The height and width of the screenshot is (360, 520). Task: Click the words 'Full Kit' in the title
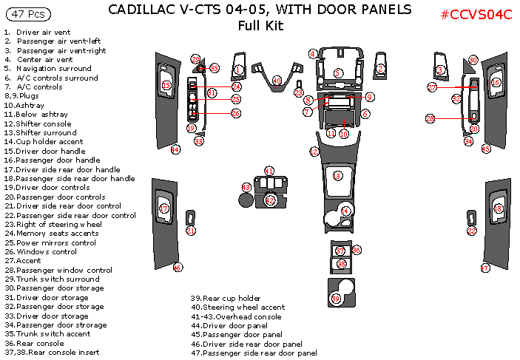click(x=260, y=26)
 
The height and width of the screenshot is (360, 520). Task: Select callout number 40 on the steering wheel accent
click(x=277, y=80)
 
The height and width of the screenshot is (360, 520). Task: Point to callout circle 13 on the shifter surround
click(x=337, y=175)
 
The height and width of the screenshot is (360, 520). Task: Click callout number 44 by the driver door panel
click(x=175, y=149)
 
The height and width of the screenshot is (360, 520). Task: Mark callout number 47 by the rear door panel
click(x=485, y=268)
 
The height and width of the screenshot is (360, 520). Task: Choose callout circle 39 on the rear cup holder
click(x=337, y=299)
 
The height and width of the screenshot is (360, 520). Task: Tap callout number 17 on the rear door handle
click(x=164, y=209)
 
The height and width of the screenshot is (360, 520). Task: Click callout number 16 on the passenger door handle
click(x=496, y=83)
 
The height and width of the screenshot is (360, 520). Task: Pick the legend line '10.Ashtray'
click(x=27, y=105)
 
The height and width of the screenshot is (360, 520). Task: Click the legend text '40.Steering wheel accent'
click(x=237, y=308)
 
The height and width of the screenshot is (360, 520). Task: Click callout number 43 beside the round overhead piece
click(x=246, y=188)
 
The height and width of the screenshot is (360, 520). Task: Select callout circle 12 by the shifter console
click(x=314, y=151)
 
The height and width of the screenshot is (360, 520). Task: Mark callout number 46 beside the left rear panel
click(x=178, y=268)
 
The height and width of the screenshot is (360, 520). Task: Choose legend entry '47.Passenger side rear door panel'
click(x=254, y=353)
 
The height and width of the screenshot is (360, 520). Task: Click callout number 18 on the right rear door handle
click(x=498, y=209)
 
